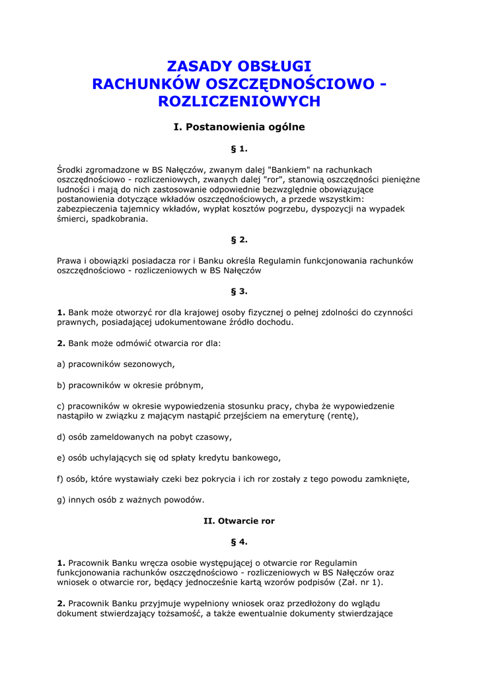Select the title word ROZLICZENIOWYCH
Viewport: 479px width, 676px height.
tap(239, 102)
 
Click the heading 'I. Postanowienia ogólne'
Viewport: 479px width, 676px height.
tap(239, 127)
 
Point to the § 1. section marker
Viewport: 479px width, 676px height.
tap(239, 149)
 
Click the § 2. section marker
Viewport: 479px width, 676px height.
tap(239, 240)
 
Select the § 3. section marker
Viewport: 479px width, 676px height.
tap(239, 291)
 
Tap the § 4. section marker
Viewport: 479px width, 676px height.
tap(239, 542)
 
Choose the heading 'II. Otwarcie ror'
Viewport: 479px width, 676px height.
tap(239, 521)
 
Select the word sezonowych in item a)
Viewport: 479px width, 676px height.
tap(152, 364)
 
